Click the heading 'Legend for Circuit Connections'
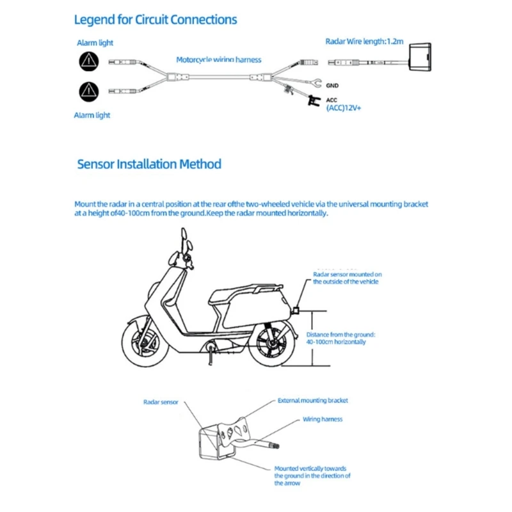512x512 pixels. (x=156, y=20)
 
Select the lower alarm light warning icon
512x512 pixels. (x=88, y=91)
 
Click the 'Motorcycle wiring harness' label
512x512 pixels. (x=219, y=60)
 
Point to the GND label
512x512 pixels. (x=332, y=85)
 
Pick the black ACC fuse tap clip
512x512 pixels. (x=313, y=100)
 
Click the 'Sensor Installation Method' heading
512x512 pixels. (x=149, y=164)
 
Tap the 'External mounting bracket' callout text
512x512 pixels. (x=313, y=401)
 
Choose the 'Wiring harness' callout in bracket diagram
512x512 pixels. (x=323, y=419)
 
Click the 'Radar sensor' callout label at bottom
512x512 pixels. (x=161, y=403)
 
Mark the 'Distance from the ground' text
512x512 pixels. (x=340, y=334)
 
